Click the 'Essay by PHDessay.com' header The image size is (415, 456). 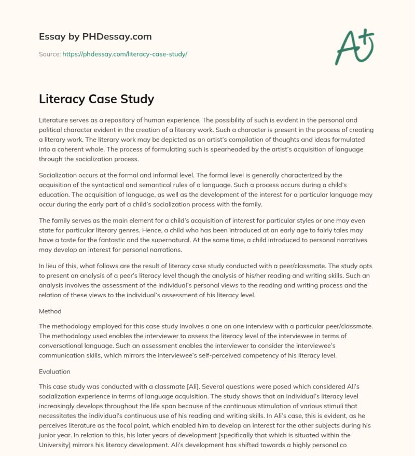coord(95,36)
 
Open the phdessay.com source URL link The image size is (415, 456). coord(125,54)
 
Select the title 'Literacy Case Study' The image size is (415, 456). coord(96,99)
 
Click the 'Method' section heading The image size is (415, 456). coord(50,311)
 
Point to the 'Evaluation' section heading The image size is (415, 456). coord(54,371)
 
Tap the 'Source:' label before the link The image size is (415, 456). coord(50,54)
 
